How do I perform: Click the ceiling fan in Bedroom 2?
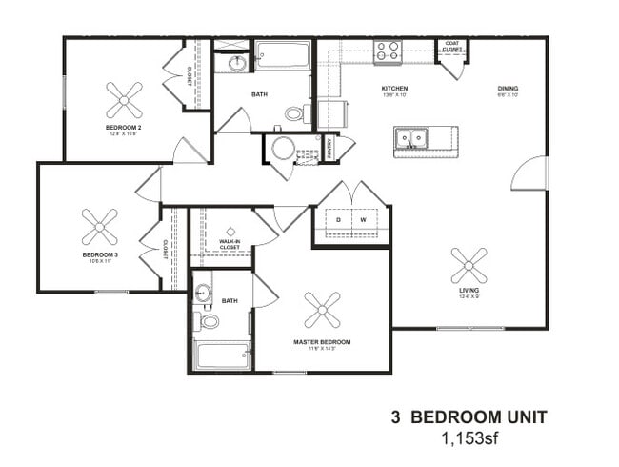[x=124, y=99]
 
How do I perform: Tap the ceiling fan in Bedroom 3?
[x=99, y=227]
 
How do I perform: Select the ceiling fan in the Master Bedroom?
[x=322, y=310]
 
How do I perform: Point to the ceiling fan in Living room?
[x=469, y=266]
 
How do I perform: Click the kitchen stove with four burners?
[x=387, y=51]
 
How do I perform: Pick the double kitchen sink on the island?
[x=411, y=140]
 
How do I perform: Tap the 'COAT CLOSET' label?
[x=451, y=46]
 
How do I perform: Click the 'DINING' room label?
[x=508, y=89]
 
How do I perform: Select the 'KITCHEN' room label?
[x=394, y=89]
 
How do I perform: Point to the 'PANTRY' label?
[x=329, y=149]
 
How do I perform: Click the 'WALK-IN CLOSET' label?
[x=230, y=243]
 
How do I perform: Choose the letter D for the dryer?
[x=339, y=220]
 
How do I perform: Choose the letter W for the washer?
[x=364, y=220]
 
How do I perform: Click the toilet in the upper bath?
[x=294, y=114]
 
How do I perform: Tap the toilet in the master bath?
[x=208, y=321]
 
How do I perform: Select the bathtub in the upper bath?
[x=283, y=54]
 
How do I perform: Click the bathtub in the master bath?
[x=221, y=355]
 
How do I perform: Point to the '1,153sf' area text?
[x=469, y=439]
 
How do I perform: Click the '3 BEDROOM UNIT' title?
[x=469, y=417]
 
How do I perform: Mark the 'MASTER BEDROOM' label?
[x=322, y=341]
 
